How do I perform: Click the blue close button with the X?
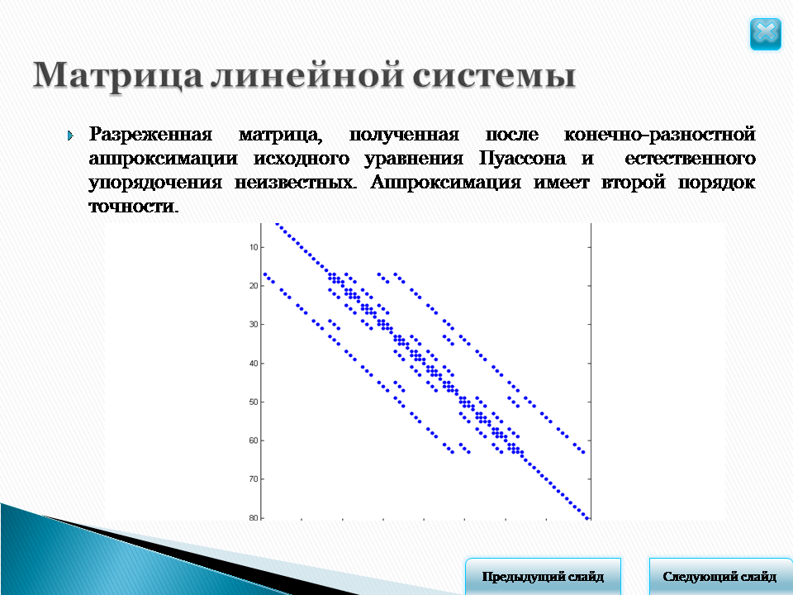(765, 34)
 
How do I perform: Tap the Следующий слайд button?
(720, 576)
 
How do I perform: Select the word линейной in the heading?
(306, 75)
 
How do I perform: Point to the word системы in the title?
(494, 76)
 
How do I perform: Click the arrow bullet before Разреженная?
(70, 136)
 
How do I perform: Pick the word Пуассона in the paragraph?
(522, 159)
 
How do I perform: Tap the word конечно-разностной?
(659, 134)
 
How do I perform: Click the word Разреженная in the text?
(150, 135)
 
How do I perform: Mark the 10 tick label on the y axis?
(254, 247)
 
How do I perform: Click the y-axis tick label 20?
(254, 286)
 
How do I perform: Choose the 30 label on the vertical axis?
(254, 324)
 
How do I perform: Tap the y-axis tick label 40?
(254, 364)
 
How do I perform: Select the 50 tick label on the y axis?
(254, 402)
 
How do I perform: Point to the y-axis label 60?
(254, 440)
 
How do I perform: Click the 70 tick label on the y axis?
(254, 478)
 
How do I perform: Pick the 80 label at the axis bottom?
(254, 517)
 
